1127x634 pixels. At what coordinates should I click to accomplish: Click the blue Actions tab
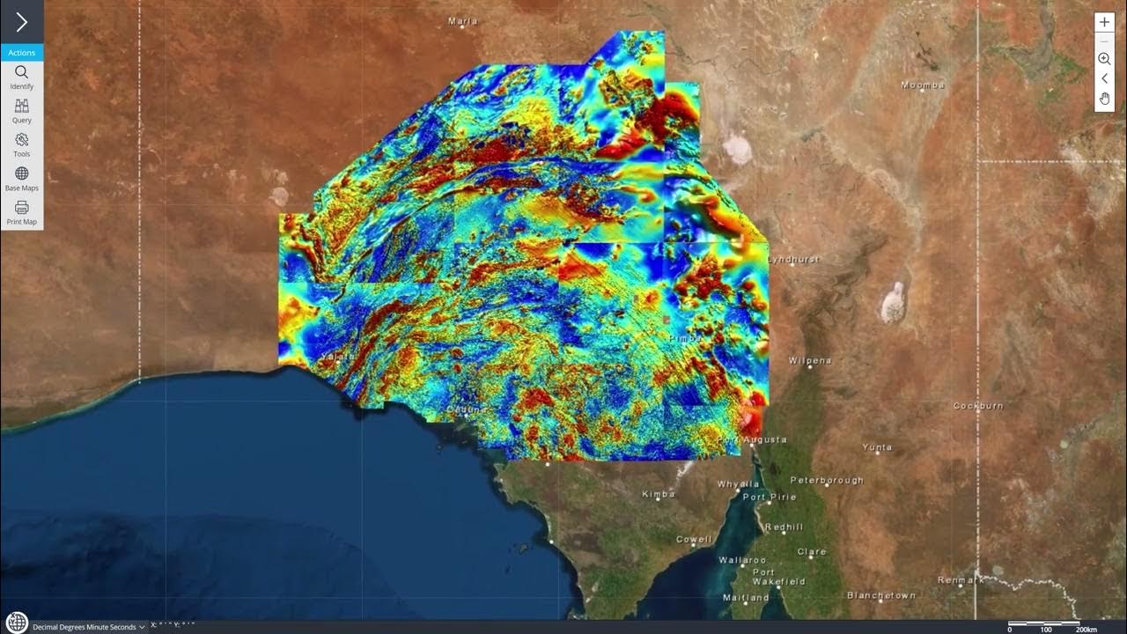coord(21,53)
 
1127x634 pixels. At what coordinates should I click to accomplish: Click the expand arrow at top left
coord(21,22)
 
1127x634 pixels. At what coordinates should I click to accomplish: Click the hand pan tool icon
coord(1104,98)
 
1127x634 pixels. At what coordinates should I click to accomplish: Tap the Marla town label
coord(463,21)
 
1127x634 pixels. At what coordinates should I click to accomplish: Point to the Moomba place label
coord(923,85)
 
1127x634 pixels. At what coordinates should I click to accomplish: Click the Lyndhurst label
coord(793,260)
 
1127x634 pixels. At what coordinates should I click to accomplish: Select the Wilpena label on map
coord(810,361)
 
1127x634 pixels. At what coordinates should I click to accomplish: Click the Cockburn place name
coord(978,406)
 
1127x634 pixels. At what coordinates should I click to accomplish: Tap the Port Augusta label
coord(753,439)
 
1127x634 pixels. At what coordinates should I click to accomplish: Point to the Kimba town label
coord(659,495)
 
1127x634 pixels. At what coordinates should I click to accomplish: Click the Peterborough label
coord(827,481)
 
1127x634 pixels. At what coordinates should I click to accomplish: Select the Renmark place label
coord(961,580)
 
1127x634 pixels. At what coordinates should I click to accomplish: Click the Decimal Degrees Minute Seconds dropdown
coord(88,627)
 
